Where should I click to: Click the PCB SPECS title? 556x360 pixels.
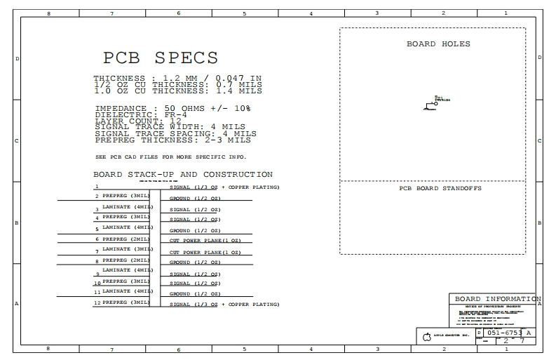click(x=161, y=58)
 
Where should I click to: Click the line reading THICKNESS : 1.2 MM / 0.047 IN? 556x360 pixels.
click(x=177, y=78)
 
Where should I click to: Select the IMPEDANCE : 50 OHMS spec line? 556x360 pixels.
click(x=172, y=108)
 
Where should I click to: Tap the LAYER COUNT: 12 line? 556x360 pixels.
click(x=137, y=121)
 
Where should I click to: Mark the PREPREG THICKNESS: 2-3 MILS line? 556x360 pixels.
click(x=172, y=140)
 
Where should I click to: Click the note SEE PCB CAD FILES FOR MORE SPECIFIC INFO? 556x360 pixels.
click(x=170, y=156)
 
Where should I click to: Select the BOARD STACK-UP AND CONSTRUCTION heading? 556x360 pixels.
click(x=183, y=174)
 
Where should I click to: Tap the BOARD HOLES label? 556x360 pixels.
click(x=438, y=44)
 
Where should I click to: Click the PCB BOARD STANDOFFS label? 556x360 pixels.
click(x=440, y=188)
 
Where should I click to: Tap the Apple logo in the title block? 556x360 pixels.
click(x=426, y=338)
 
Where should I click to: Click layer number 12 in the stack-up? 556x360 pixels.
click(x=97, y=303)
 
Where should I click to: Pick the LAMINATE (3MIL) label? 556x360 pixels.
click(x=127, y=248)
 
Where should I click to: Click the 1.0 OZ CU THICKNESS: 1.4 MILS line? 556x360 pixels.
click(x=177, y=91)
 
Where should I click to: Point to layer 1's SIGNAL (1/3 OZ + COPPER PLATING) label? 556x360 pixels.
click(x=224, y=187)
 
